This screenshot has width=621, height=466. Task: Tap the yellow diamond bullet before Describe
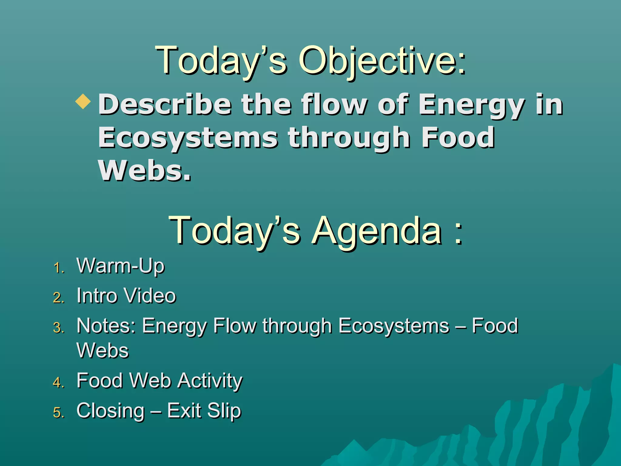(x=83, y=102)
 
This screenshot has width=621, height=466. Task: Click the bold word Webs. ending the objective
(x=145, y=171)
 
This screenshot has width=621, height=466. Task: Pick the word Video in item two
(x=150, y=296)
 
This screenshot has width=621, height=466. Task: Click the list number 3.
(x=59, y=328)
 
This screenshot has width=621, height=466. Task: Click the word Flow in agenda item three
(x=234, y=326)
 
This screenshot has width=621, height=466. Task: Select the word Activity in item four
(x=210, y=381)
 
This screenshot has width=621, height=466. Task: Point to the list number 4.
(x=59, y=383)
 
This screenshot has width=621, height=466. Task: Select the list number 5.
(x=59, y=413)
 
